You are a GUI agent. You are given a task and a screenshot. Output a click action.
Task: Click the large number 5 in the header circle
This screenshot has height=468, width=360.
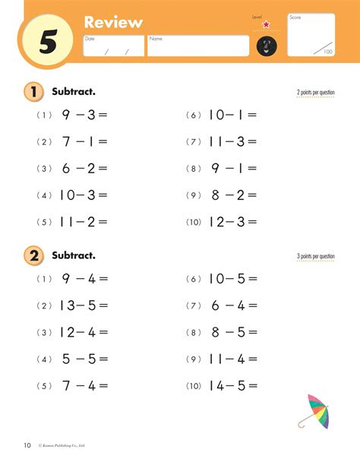tap(48, 43)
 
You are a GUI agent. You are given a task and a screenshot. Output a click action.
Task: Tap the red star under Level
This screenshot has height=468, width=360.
tap(266, 25)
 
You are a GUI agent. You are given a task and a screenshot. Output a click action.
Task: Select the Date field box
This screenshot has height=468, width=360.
tap(113, 46)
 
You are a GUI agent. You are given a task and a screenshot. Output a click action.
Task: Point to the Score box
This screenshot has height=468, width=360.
tap(311, 35)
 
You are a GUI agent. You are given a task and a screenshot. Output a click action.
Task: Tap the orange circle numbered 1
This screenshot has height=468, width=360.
tap(33, 92)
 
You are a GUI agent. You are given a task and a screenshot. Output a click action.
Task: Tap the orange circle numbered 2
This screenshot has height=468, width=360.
tap(33, 256)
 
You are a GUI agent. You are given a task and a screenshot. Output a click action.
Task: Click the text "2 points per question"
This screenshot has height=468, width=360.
tap(315, 93)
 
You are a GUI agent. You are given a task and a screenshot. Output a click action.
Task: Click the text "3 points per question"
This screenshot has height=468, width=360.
tap(315, 257)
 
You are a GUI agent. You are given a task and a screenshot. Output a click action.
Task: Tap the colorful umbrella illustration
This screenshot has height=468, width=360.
tap(314, 411)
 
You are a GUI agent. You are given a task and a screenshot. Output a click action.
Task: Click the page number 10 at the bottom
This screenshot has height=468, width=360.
tap(27, 444)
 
